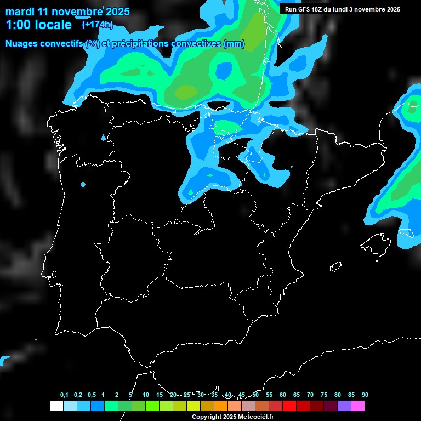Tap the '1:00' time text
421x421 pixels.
tap(18, 25)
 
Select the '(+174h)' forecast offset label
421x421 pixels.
tap(97, 24)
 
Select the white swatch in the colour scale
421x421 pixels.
tap(56, 406)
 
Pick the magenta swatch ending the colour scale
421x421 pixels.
tap(357, 406)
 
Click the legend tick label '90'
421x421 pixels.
tap(365, 395)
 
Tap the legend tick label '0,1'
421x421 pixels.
tap(64, 395)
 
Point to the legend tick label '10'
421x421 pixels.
tap(145, 395)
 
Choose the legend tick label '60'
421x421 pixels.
tap(282, 395)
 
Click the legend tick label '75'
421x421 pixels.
tap(323, 395)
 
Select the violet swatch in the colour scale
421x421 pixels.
tap(344, 406)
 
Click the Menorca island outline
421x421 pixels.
tap(406, 232)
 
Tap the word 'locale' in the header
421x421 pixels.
tap(53, 25)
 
